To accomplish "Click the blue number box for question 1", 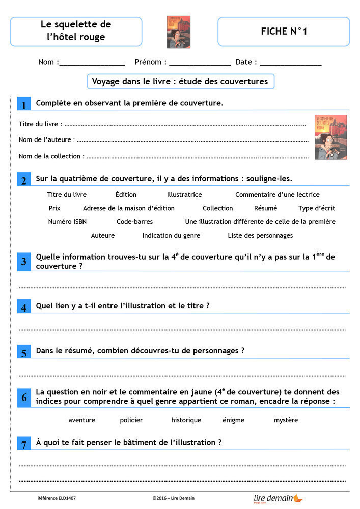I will tap(23, 105).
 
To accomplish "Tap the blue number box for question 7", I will tap(23, 444).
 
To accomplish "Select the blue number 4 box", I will tap(23, 307).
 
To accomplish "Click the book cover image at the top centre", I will tap(179, 32).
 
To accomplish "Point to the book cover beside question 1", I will tap(330, 137).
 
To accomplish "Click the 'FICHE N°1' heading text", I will tap(284, 32).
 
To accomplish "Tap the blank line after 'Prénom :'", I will tap(200, 63).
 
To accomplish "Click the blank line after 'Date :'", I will tap(290, 63).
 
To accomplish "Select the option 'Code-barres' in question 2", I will tap(134, 222).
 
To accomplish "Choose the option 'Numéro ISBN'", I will tap(67, 222).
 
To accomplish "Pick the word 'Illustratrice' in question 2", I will tap(184, 195).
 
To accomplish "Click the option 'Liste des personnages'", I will tap(260, 236).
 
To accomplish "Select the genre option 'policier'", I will tap(131, 420).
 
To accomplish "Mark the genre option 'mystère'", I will tap(286, 420).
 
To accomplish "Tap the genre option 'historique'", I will tap(186, 420).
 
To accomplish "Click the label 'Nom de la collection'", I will tap(49, 156).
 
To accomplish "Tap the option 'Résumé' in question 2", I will tap(265, 208).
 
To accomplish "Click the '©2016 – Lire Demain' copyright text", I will tap(173, 498).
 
